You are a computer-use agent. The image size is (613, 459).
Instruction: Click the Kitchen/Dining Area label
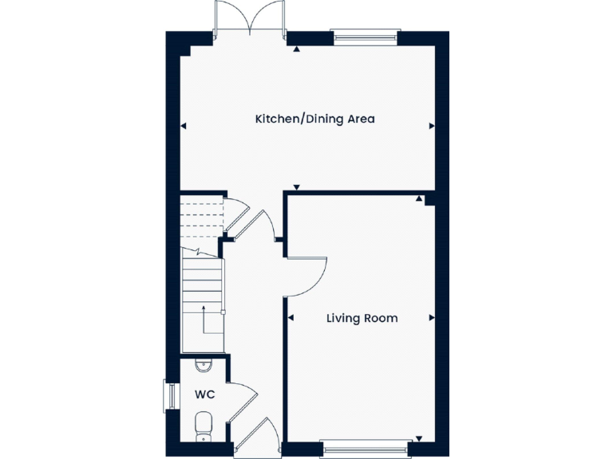tap(314, 120)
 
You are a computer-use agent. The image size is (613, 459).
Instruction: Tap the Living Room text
tap(362, 318)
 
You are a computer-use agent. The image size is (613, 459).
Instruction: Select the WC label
tap(204, 394)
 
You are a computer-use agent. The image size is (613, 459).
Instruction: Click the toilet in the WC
tap(203, 424)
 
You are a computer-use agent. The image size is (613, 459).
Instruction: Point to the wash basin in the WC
tap(203, 367)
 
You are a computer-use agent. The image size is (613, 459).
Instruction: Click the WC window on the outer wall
tap(168, 395)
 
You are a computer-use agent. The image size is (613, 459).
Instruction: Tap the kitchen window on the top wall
tap(364, 34)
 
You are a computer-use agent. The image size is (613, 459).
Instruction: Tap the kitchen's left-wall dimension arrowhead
tap(184, 126)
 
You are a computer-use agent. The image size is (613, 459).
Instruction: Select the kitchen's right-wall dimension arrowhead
tap(432, 126)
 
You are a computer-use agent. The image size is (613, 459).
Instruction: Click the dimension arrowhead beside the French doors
tap(296, 49)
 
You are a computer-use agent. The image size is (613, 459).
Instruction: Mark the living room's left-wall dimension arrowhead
tap(291, 318)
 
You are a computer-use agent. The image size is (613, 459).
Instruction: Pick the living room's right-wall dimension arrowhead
tap(432, 318)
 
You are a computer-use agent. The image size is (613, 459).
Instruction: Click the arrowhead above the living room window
tap(417, 437)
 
